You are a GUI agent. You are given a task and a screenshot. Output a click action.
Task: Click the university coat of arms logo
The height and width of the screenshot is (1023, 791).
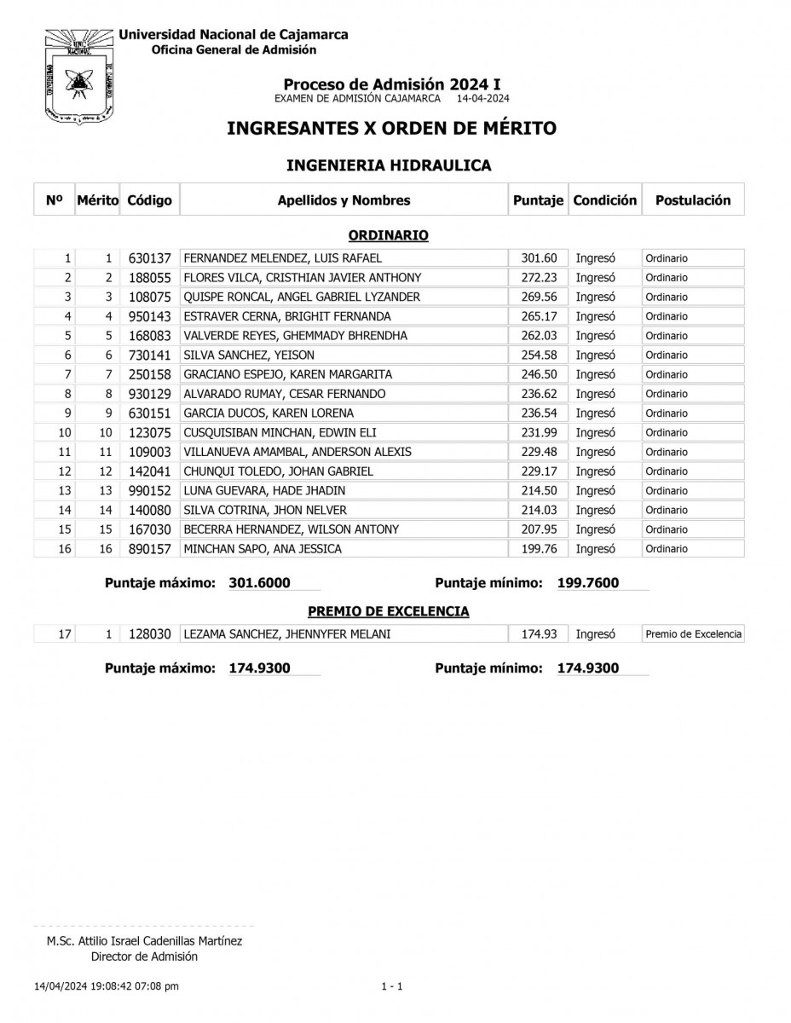(77, 75)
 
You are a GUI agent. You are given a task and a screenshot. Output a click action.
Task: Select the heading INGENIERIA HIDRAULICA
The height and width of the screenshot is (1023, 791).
(388, 165)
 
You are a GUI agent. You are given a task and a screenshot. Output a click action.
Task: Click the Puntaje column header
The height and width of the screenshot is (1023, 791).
(538, 200)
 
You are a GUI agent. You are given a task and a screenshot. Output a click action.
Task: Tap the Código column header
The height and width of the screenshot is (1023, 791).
(149, 200)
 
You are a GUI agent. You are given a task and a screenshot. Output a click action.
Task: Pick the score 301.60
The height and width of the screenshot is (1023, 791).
(538, 258)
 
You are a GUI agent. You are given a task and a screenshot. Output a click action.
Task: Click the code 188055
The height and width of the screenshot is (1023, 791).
(150, 278)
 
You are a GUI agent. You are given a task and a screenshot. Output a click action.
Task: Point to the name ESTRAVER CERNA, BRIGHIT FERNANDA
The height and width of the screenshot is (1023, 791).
(287, 316)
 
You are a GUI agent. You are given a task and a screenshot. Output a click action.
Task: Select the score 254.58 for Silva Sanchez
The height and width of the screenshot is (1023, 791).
(538, 355)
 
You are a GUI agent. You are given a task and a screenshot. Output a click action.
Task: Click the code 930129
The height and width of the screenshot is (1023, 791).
(150, 394)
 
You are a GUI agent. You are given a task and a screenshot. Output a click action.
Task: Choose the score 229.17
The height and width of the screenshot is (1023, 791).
(538, 471)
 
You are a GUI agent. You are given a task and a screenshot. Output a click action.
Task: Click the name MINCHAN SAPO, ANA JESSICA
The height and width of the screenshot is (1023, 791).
(263, 549)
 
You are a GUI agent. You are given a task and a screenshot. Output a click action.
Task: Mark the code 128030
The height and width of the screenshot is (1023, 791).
(150, 634)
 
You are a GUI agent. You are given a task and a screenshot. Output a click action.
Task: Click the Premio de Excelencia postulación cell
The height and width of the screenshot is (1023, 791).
(693, 634)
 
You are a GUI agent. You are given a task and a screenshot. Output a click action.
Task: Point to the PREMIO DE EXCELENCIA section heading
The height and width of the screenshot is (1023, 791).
(388, 611)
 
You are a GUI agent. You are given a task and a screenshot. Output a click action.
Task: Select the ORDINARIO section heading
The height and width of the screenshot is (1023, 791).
(388, 234)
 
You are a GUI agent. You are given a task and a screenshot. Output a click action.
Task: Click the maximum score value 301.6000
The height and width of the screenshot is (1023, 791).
(260, 583)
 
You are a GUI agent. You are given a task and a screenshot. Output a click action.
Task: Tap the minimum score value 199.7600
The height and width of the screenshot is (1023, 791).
(588, 583)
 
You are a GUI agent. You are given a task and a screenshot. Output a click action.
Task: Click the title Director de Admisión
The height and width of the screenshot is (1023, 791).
(144, 957)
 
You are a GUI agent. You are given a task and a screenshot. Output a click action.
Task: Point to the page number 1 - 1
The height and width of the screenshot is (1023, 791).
(392, 986)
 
